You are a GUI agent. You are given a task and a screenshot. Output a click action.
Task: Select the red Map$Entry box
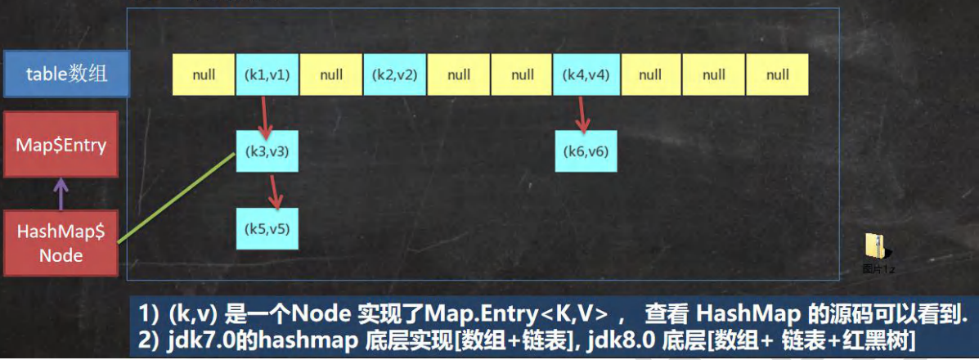click(61, 146)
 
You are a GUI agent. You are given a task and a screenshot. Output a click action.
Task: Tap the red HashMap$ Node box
click(61, 243)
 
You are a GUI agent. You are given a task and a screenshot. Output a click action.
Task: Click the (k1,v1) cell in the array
click(267, 74)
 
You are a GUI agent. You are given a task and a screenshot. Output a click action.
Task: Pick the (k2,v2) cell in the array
click(395, 74)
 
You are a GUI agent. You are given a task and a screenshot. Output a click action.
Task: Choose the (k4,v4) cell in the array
click(586, 74)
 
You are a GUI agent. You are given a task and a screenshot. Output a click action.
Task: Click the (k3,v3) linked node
click(267, 151)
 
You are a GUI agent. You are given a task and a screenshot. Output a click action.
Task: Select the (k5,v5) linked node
click(267, 228)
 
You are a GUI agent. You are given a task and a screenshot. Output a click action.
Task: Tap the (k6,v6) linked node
click(586, 151)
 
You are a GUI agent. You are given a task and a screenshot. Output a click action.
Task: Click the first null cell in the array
click(204, 74)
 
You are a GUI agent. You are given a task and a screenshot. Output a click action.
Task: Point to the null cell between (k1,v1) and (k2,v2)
click(331, 74)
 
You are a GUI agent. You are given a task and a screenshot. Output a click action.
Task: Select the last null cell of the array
click(778, 74)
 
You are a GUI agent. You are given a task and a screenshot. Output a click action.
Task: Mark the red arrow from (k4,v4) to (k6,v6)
click(582, 114)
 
